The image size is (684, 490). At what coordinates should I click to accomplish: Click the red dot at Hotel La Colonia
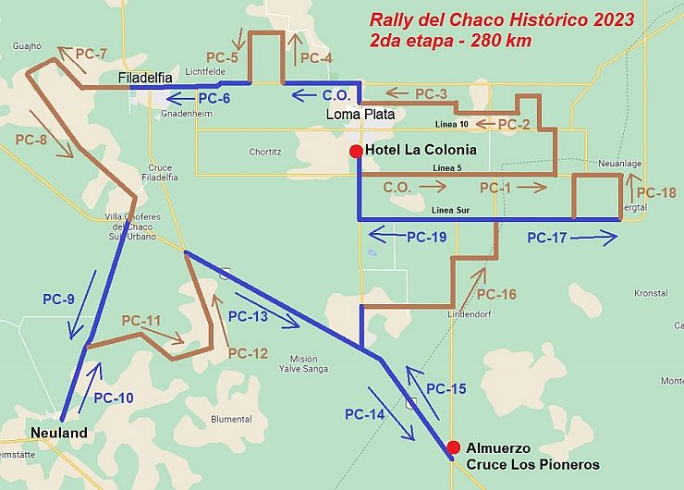coord(355,151)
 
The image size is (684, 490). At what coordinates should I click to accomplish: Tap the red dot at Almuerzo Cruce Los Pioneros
coord(453,447)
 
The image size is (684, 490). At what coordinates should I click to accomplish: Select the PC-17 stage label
coord(548,238)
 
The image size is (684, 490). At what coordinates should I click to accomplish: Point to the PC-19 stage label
coord(427,238)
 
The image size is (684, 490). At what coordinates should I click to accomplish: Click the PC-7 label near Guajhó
coord(91,55)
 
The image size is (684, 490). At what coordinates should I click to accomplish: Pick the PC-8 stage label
coord(31,139)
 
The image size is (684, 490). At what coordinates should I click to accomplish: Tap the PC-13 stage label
coord(248,316)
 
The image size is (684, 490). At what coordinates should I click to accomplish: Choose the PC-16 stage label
coord(495,295)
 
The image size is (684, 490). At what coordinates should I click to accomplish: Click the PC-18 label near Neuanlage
coord(657,193)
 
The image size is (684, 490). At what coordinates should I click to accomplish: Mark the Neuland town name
coord(58,433)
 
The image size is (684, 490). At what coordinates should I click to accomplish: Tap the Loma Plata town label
coord(360,115)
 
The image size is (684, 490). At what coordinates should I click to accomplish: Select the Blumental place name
coord(231,419)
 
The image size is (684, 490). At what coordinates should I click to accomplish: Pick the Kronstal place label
coord(651,293)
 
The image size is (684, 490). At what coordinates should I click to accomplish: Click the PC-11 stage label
coord(141,321)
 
